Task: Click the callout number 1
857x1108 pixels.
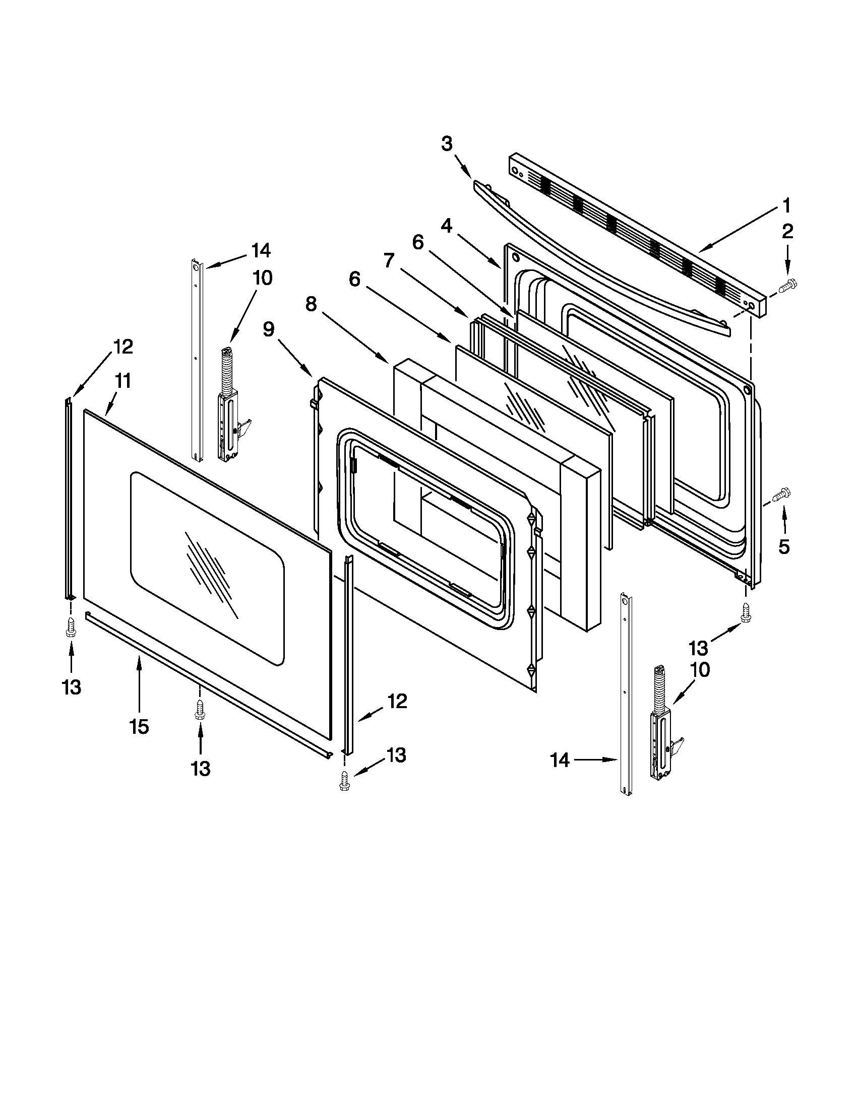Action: click(786, 206)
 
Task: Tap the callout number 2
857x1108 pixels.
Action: click(787, 231)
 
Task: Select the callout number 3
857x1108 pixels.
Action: click(446, 144)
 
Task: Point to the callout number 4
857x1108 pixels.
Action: click(446, 226)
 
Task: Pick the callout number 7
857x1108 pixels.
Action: click(389, 261)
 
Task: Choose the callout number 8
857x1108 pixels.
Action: click(311, 304)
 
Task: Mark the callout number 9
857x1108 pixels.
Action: click(269, 330)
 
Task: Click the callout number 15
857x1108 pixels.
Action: click(139, 726)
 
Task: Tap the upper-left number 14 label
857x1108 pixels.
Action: click(261, 251)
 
